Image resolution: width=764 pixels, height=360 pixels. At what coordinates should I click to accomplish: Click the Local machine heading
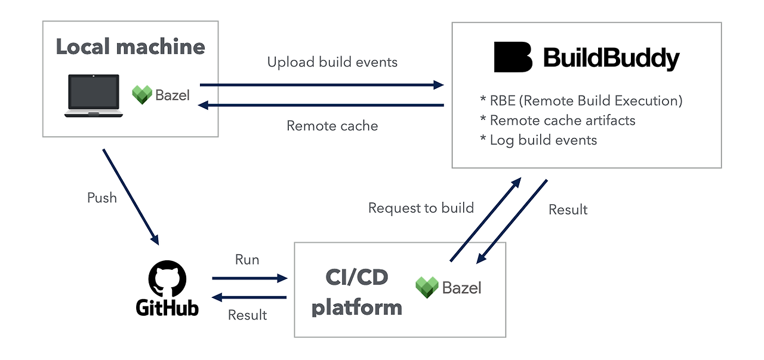tap(130, 47)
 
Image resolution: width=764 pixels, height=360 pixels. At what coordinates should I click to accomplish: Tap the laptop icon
tap(94, 96)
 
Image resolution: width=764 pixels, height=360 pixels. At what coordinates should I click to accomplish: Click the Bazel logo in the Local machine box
tap(142, 95)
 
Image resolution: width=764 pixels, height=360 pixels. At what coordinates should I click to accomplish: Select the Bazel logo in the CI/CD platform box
tap(427, 288)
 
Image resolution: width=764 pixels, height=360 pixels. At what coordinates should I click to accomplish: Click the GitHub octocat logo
tap(167, 278)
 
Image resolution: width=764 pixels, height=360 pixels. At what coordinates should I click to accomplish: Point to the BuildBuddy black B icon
tap(513, 57)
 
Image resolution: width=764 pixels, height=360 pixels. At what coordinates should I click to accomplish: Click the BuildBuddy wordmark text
tap(611, 59)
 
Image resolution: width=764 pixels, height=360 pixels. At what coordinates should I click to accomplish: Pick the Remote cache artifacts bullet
tap(557, 121)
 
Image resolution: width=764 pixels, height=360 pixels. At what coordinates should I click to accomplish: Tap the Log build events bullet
tap(538, 140)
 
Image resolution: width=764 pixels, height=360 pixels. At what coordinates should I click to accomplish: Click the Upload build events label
tap(332, 62)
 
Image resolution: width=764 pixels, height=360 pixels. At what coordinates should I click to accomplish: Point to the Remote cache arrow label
tap(332, 126)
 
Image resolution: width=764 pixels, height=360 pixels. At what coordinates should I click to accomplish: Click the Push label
tap(102, 198)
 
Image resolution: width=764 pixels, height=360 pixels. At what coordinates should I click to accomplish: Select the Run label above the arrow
tap(247, 260)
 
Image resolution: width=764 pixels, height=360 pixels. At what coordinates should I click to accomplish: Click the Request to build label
tap(421, 208)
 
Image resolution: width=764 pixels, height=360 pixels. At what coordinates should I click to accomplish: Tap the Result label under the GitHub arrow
tap(247, 315)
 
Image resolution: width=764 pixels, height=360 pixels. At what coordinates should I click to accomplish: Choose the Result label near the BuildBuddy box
tap(568, 210)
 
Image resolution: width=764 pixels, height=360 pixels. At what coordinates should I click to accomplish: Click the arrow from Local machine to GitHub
tap(131, 196)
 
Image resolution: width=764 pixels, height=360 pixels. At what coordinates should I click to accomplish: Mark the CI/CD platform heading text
tap(357, 293)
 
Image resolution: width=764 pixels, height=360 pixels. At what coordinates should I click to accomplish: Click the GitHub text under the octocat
tap(167, 307)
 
